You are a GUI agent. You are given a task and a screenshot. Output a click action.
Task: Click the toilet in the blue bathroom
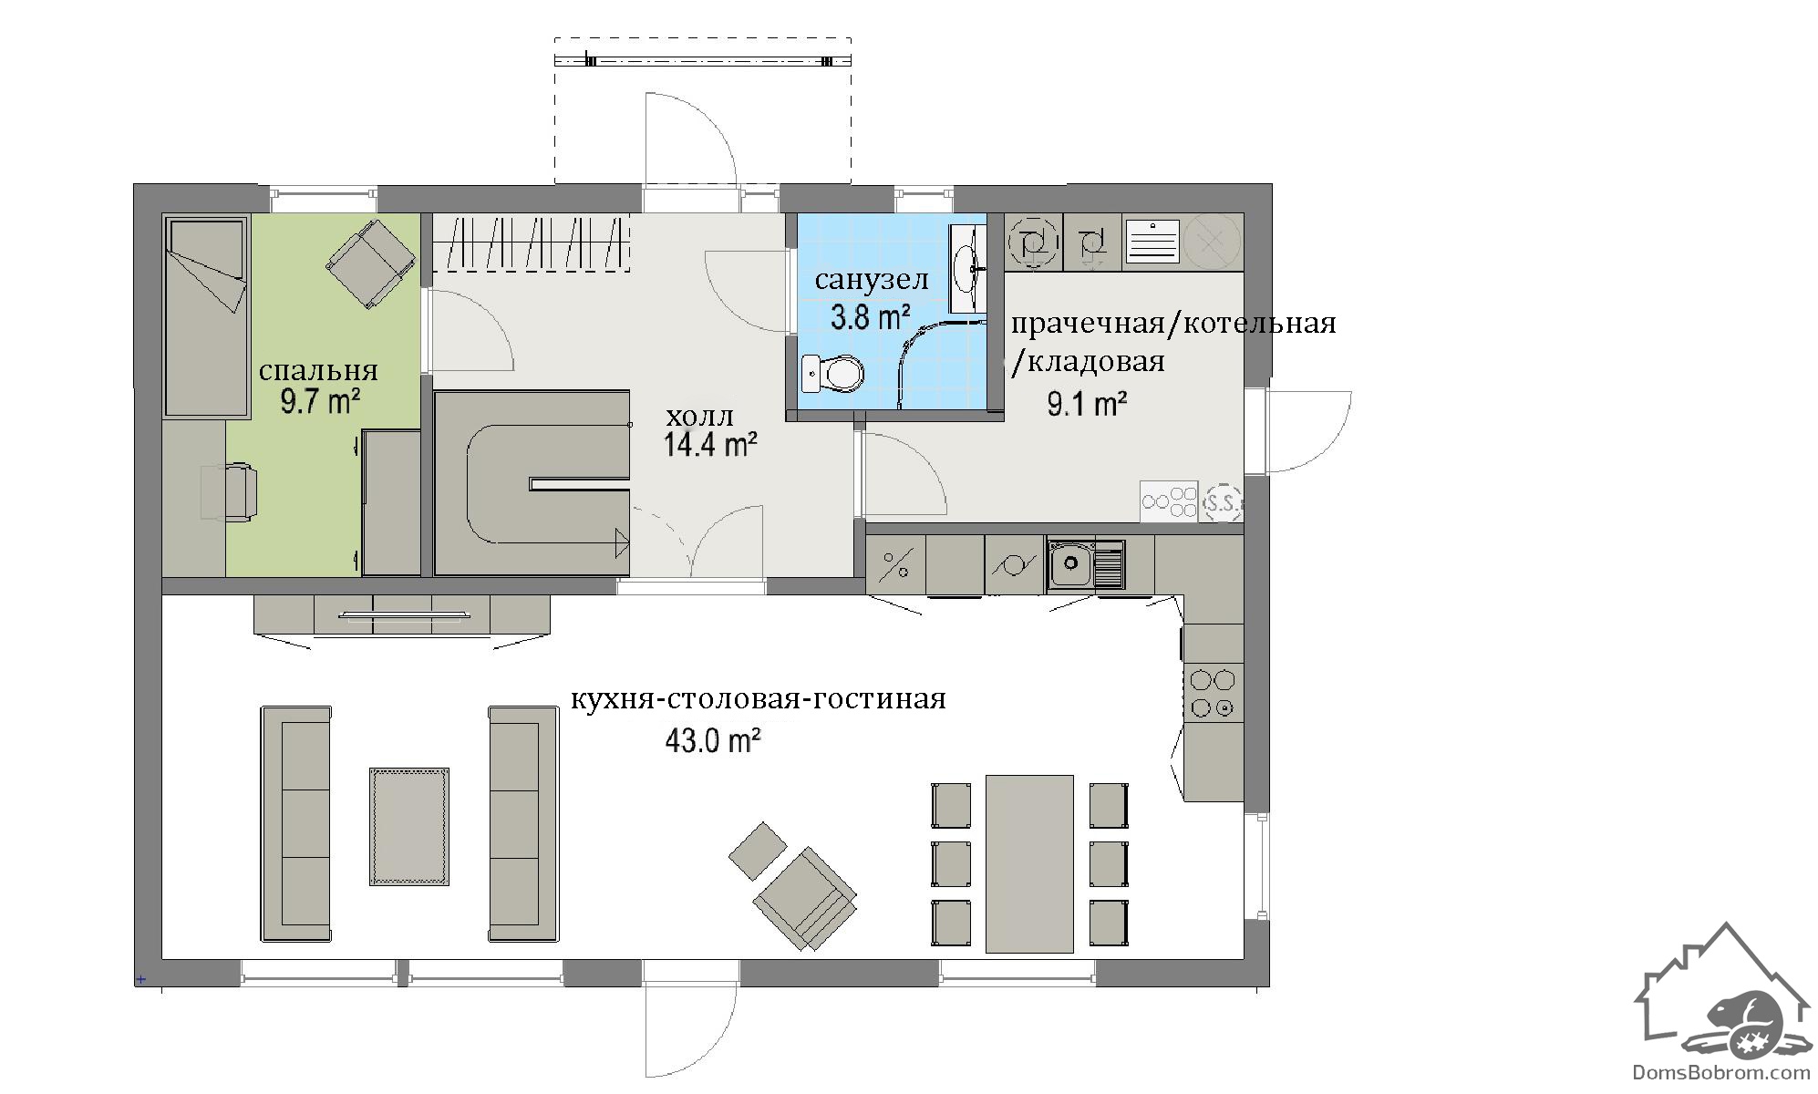tap(832, 373)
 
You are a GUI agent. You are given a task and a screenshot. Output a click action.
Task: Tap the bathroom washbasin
tap(966, 267)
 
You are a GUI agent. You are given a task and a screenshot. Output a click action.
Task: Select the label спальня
tap(318, 370)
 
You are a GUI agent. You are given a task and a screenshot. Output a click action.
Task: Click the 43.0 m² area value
tap(713, 740)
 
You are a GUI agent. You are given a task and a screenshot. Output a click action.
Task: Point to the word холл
tap(699, 417)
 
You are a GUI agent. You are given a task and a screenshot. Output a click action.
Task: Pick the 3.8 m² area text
tap(871, 317)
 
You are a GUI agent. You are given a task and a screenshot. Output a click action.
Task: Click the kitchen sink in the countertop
tap(1086, 563)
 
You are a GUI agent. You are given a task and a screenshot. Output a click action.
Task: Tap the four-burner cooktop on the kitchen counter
tap(1213, 693)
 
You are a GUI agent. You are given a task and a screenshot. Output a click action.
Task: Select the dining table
tap(1029, 863)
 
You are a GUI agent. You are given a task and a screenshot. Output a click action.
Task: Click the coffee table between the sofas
tap(409, 826)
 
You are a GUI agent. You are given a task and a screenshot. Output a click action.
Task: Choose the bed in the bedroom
tap(207, 316)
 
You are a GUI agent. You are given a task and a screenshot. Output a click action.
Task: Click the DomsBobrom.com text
tap(1721, 1074)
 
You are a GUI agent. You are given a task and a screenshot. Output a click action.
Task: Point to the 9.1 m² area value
tap(1088, 403)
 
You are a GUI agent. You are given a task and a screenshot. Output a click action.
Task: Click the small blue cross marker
tap(140, 980)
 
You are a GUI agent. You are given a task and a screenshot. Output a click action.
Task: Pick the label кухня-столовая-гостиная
tap(759, 699)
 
